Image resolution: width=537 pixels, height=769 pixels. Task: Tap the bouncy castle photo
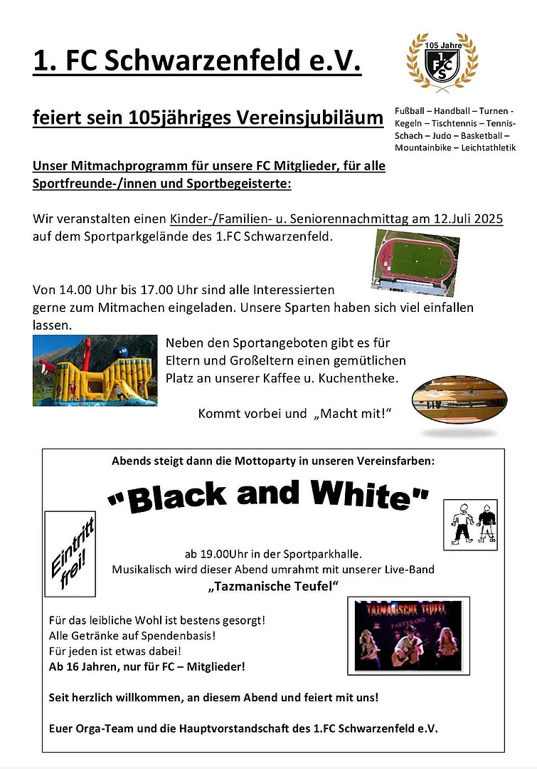point(95,370)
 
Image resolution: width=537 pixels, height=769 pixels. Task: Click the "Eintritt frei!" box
point(70,553)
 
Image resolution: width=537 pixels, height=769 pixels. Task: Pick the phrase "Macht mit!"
point(353,414)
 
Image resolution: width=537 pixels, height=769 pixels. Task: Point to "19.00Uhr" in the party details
point(223,553)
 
